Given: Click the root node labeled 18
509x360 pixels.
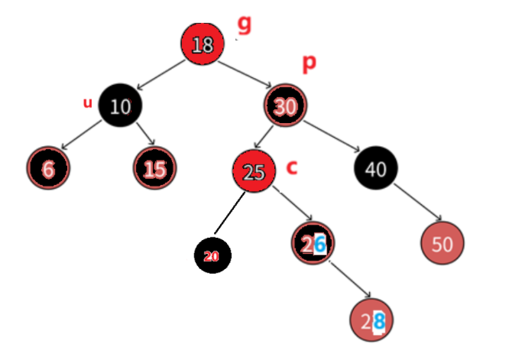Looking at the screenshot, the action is [203, 44].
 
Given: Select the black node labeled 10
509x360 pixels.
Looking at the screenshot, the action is [120, 105].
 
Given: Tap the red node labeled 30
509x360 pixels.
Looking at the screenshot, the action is [285, 107].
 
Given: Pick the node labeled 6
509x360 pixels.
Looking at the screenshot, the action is [48, 168].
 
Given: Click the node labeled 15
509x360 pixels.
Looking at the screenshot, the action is [154, 168].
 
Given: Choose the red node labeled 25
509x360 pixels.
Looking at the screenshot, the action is [253, 171].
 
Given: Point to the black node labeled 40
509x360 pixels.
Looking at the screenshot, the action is [375, 169].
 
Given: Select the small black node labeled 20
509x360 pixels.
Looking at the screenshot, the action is [212, 256].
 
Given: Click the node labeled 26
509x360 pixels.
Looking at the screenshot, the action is [313, 244].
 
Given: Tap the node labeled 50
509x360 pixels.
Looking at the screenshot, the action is [442, 245].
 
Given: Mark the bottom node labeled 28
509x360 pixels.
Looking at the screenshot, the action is [372, 321].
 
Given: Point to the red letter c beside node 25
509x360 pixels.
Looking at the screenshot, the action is [291, 167].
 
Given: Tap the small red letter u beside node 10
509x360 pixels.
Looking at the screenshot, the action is [87, 102].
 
